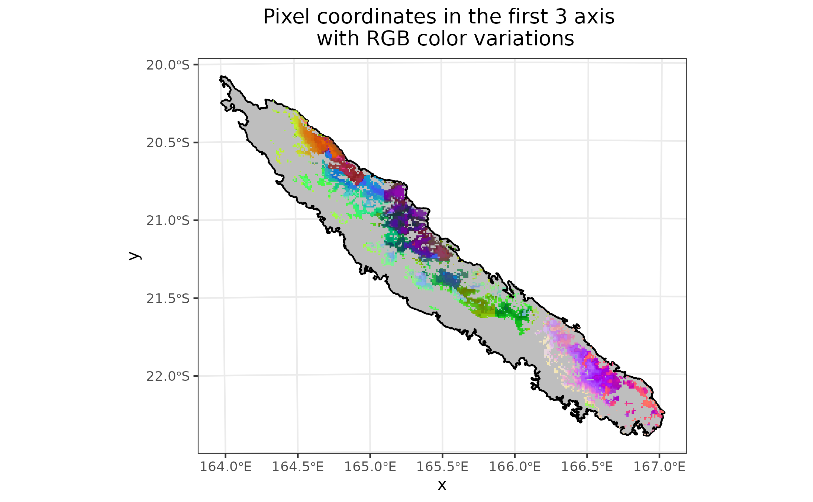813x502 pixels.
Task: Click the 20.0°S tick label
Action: [168, 65]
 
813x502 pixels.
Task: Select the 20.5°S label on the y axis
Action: [168, 143]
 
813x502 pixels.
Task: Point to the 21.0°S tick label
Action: [168, 221]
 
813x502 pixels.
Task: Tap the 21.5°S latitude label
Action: [168, 299]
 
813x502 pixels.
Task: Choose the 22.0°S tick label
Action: [168, 376]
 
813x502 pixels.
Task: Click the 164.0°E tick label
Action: [226, 467]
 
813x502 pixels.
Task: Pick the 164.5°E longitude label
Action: [298, 467]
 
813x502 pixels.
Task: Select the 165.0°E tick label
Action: [370, 467]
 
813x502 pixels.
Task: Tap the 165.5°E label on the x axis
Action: [442, 467]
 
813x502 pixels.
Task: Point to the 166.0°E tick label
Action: [515, 467]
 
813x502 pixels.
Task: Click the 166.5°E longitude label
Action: [587, 467]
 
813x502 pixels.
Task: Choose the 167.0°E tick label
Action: [659, 467]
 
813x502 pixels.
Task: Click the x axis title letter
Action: [442, 485]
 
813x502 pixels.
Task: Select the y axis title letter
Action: [134, 255]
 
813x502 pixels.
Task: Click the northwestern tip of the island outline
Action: [221, 77]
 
